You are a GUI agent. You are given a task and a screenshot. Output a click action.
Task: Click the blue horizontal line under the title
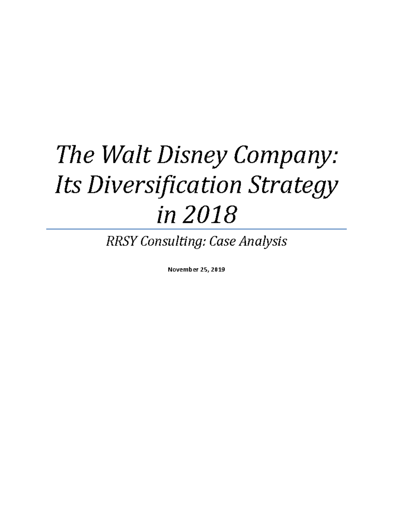[196, 229]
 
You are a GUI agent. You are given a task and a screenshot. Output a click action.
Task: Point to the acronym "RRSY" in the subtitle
[120, 242]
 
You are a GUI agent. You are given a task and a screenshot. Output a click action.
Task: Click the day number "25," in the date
[204, 270]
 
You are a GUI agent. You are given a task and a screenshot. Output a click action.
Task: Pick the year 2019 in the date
[218, 270]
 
